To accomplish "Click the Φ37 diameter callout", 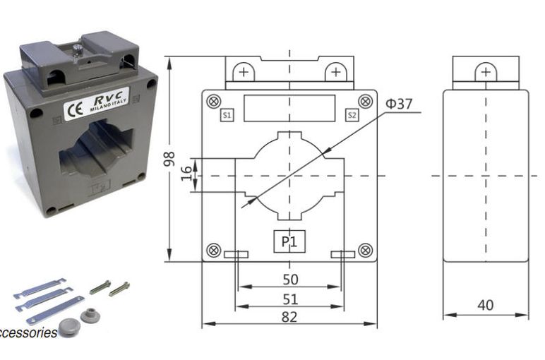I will pos(399,104).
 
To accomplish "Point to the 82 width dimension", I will pos(289,317).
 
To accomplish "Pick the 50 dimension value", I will pos(289,280).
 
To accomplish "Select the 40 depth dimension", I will pos(486,306).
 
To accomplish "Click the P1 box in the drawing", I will pos(289,242).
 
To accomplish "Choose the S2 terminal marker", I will pos(351,114).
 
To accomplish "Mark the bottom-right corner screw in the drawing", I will pos(365,249).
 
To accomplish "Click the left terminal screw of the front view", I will pos(243,72).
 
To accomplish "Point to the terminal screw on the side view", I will pos(486,71).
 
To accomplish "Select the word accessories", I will pos(28,332).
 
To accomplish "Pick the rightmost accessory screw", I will pos(119,288).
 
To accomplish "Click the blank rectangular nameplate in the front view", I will pos(289,109).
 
